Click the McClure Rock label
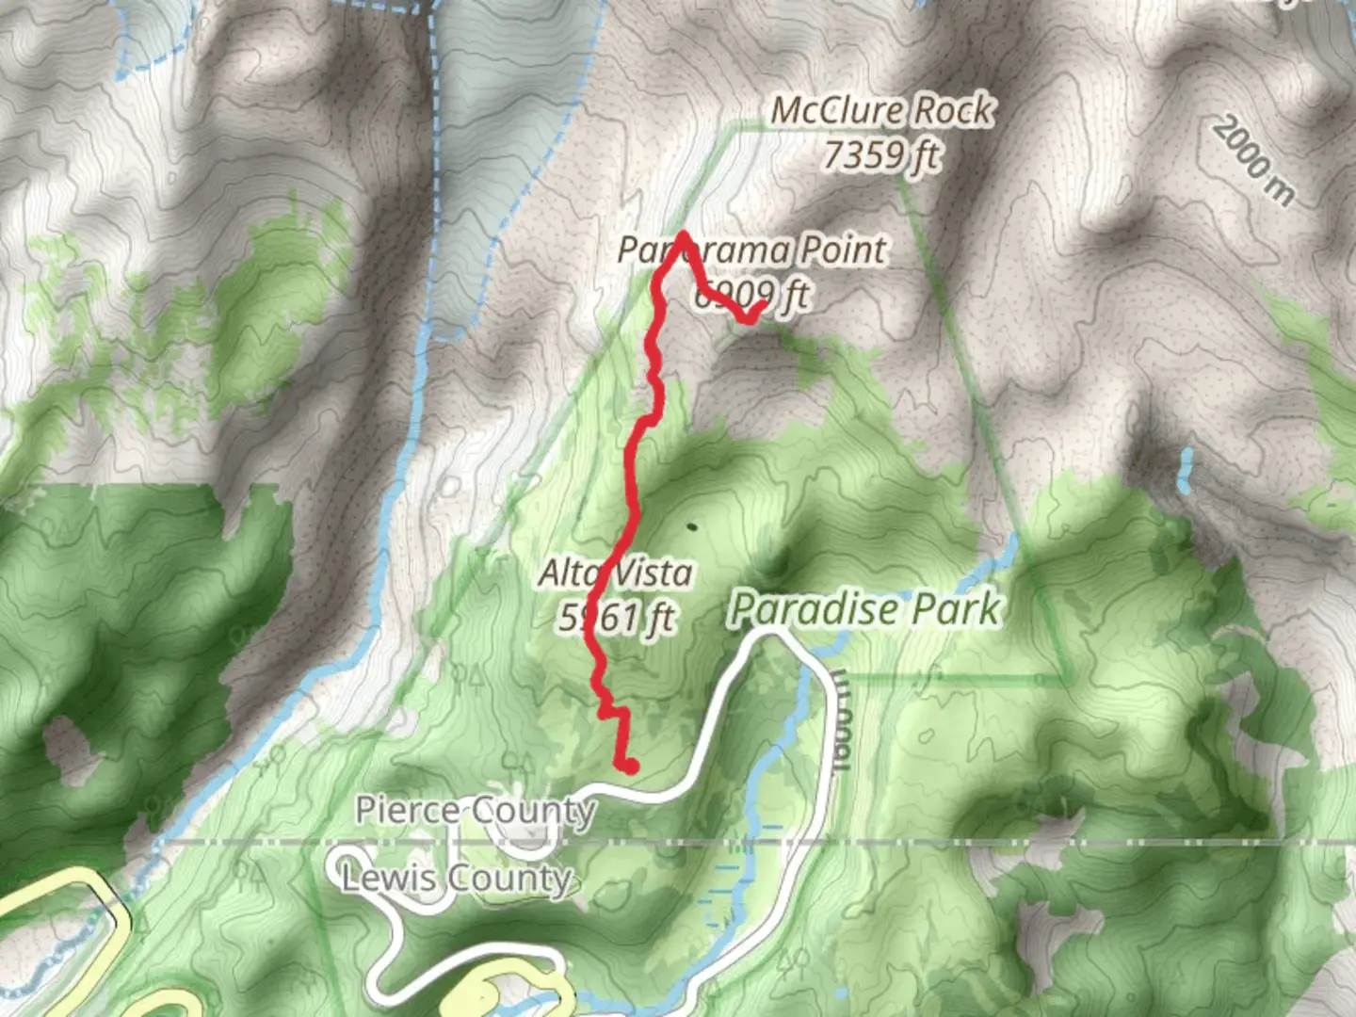pos(882,110)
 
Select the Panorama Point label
pos(751,250)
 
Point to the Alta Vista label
pos(616,573)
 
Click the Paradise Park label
pos(864,609)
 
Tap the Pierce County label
pos(476,810)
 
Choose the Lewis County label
pos(457,879)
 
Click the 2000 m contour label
pos(1253,160)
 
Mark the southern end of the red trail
pos(629,767)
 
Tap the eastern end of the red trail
pos(760,305)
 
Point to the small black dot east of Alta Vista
pos(693,527)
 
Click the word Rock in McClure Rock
pos(954,110)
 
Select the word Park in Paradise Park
pos(952,609)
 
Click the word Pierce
pos(407,809)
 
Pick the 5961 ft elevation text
pos(617,618)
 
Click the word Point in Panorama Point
pos(843,250)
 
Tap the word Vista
pos(653,573)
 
